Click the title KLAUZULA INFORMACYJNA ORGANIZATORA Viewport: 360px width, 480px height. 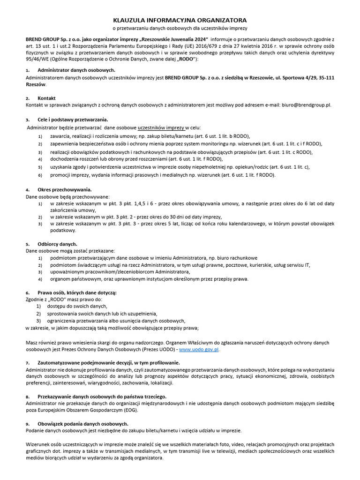[x=180, y=21]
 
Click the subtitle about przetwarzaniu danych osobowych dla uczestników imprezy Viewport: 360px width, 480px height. [x=180, y=29]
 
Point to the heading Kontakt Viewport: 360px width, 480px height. [x=47, y=98]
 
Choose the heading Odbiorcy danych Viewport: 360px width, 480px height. [x=58, y=244]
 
